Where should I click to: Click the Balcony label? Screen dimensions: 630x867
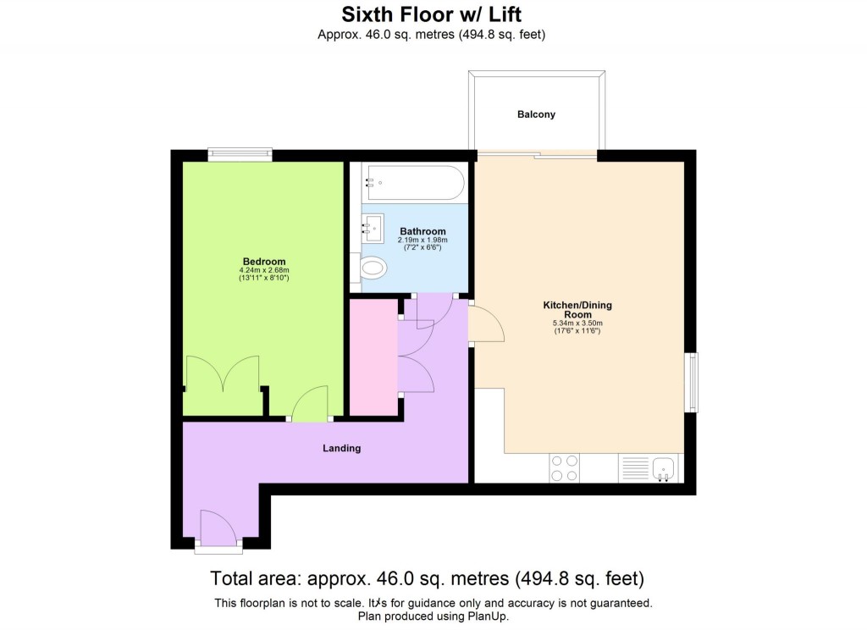point(537,114)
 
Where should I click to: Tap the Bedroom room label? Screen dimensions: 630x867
point(263,261)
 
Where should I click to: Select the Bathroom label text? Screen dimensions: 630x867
point(422,231)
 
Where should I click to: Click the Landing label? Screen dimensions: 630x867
point(342,448)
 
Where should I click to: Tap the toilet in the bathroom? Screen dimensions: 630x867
point(372,269)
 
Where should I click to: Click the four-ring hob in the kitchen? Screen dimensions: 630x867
point(565,468)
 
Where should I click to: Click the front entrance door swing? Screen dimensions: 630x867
point(218,527)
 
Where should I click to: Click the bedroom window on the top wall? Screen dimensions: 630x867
point(240,154)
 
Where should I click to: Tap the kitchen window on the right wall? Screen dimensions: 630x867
point(693,382)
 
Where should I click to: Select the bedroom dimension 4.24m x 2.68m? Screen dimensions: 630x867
point(263,270)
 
